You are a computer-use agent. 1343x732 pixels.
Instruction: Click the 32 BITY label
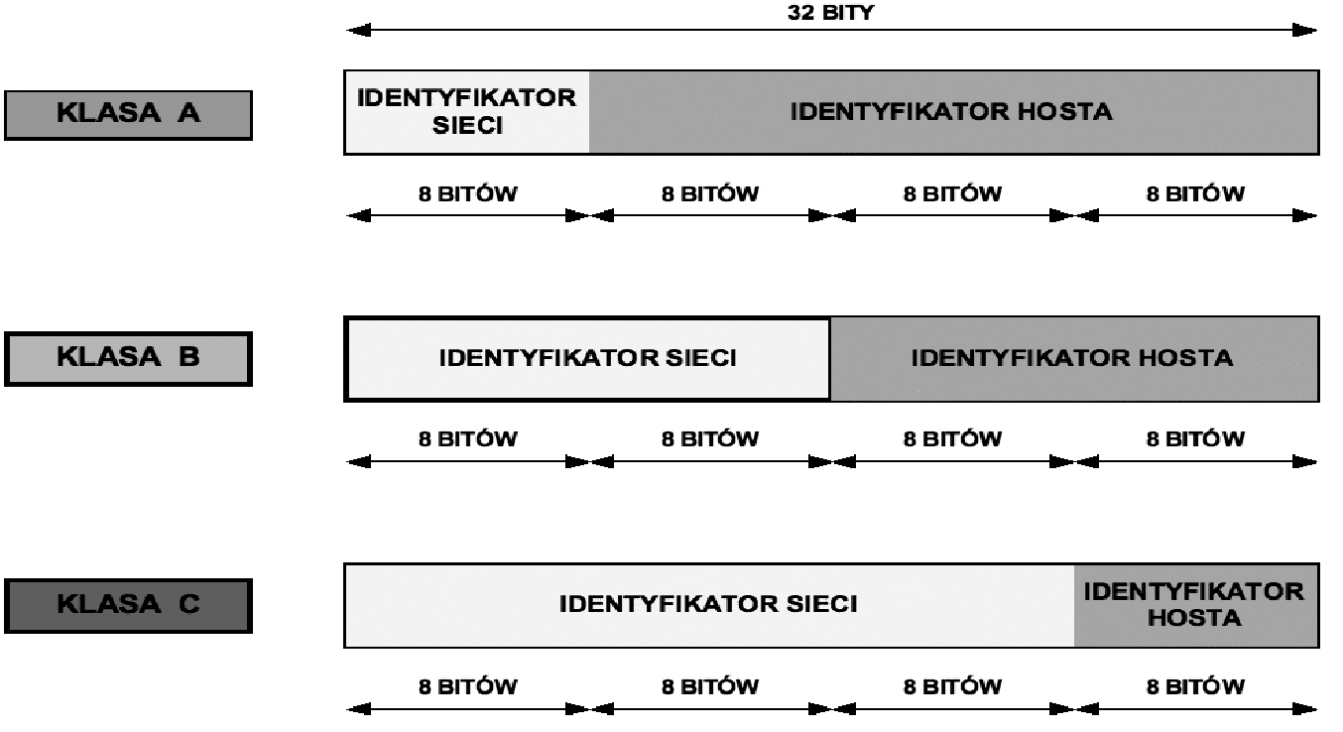[x=830, y=13]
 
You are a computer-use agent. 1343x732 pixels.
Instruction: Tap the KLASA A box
[x=128, y=115]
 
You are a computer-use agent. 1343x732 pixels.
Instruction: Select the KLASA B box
[x=128, y=358]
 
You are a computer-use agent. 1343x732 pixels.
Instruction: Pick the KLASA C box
[x=128, y=605]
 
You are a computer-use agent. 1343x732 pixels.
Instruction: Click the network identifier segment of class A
[x=467, y=112]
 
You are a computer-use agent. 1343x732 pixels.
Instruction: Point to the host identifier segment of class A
[x=954, y=112]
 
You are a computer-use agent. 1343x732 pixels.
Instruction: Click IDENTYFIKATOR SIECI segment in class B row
[x=587, y=358]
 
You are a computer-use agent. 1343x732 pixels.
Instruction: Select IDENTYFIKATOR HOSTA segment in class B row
[x=1075, y=358]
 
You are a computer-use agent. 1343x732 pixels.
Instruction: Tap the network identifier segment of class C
[x=709, y=605]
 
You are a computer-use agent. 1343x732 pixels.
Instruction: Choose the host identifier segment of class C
[x=1197, y=605]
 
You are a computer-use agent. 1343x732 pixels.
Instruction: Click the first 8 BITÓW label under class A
[x=467, y=193]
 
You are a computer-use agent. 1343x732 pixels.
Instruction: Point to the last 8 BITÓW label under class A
[x=1195, y=193]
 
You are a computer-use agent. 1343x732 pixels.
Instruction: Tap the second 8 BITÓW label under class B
[x=710, y=438]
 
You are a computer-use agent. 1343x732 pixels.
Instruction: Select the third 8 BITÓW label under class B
[x=952, y=438]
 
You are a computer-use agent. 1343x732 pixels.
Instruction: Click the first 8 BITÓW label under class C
[x=467, y=686]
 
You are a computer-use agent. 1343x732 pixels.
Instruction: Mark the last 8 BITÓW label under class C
[x=1195, y=686]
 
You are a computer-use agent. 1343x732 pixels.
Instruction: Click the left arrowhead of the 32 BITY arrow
[x=358, y=30]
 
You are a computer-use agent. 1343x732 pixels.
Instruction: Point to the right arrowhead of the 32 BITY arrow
[x=1304, y=30]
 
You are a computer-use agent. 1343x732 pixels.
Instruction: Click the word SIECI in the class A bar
[x=467, y=125]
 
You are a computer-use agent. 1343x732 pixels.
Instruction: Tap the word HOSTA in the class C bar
[x=1194, y=618]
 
